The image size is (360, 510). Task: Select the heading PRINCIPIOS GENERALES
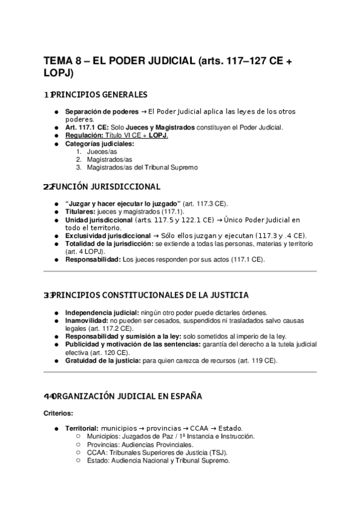coord(99,95)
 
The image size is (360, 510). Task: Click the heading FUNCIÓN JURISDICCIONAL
coord(106,186)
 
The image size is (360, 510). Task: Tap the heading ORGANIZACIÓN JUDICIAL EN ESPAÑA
coord(127,396)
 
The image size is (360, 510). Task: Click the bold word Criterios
coord(58,414)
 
